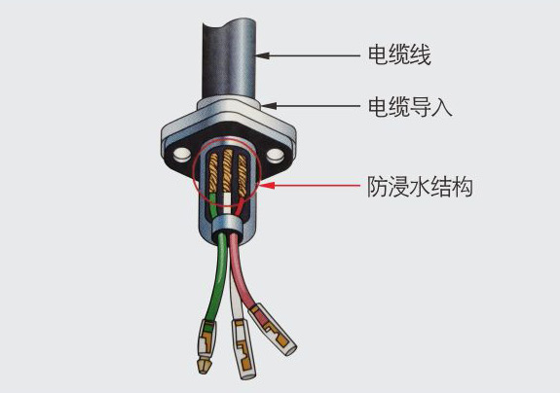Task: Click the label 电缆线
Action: tap(399, 55)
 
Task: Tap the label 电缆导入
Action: tap(410, 106)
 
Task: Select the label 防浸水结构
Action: tap(421, 186)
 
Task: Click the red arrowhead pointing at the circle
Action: tap(268, 186)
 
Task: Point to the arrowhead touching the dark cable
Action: tap(262, 55)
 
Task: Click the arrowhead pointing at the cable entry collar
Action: tap(269, 106)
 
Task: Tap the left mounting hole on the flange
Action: tap(182, 155)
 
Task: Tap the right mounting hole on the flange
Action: tap(275, 155)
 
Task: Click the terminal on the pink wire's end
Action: tap(274, 330)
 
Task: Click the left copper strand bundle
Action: tap(213, 172)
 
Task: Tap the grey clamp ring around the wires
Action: tap(226, 224)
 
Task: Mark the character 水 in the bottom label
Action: tap(420, 186)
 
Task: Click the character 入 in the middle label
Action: tap(442, 107)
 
